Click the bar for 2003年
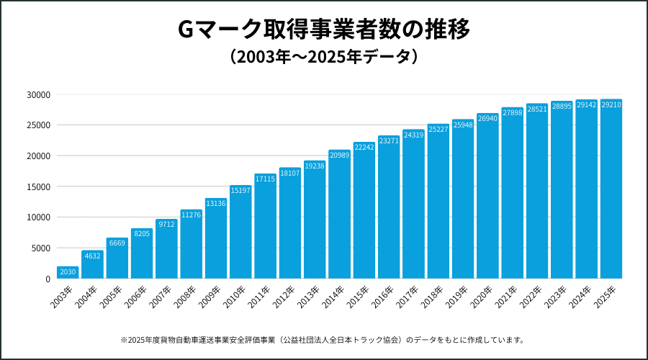(x=68, y=273)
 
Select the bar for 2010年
(x=240, y=232)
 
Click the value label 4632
(x=92, y=256)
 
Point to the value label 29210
(x=611, y=105)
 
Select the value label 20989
(x=339, y=155)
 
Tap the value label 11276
(x=191, y=215)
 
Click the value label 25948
(x=463, y=125)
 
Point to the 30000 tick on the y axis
(x=37, y=94)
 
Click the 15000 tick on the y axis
(x=37, y=186)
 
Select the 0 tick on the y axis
(x=47, y=279)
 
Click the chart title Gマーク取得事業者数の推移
(x=323, y=30)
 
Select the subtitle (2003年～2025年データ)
(x=323, y=56)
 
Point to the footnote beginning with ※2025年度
(x=323, y=339)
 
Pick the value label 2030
(x=68, y=271)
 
